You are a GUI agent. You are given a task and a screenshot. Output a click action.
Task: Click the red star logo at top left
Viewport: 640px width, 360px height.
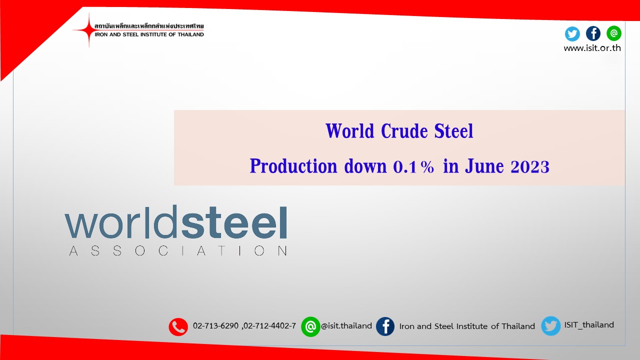pos(89,29)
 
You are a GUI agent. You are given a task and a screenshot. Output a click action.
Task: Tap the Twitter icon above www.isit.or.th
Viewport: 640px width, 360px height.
pos(572,33)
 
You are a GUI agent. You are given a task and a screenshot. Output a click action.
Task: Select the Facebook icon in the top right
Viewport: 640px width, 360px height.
pos(593,33)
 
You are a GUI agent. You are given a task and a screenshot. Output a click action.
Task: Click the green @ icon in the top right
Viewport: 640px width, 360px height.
pos(613,33)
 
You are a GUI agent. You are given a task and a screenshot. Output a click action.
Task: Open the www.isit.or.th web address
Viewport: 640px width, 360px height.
pos(592,48)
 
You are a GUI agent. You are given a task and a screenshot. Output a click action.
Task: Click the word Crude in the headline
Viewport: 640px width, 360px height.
pos(404,131)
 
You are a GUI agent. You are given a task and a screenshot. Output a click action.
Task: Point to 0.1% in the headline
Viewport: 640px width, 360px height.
pos(413,166)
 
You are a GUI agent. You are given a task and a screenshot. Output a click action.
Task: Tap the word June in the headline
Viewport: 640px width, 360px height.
pos(484,166)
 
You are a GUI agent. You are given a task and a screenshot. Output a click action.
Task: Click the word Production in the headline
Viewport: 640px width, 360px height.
pos(293,166)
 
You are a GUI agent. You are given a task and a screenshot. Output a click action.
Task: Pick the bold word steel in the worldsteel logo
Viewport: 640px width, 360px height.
pos(234,222)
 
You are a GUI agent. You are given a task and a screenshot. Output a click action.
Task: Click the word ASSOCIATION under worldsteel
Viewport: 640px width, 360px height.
pos(178,250)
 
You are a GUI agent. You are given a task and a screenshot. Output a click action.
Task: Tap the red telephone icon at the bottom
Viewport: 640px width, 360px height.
pos(178,326)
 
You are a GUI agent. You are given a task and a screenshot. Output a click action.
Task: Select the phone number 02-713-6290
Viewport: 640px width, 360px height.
pos(215,325)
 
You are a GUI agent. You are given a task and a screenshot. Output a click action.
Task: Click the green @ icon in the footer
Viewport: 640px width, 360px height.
pos(310,326)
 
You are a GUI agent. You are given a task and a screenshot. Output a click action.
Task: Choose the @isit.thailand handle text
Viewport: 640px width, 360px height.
pos(346,325)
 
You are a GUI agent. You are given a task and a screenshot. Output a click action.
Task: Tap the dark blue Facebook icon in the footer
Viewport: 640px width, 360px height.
pos(385,326)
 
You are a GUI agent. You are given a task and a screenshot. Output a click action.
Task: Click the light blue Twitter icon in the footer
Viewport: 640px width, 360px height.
pos(551,325)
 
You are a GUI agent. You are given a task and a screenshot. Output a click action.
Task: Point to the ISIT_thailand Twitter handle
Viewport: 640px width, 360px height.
pos(589,325)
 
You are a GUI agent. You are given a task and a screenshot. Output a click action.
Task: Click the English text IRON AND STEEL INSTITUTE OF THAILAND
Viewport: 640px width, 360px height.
pos(149,34)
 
